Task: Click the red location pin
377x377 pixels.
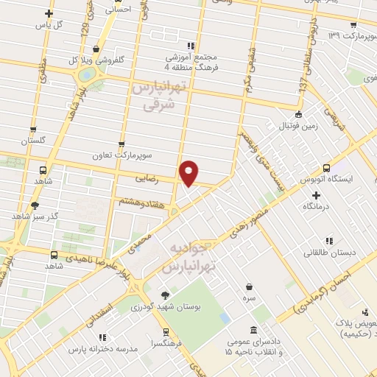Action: (189, 172)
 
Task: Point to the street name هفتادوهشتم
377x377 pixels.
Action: (135, 200)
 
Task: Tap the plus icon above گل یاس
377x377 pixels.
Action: (49, 13)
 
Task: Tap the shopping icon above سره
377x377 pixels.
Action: (250, 286)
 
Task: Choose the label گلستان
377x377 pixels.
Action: (33, 140)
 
